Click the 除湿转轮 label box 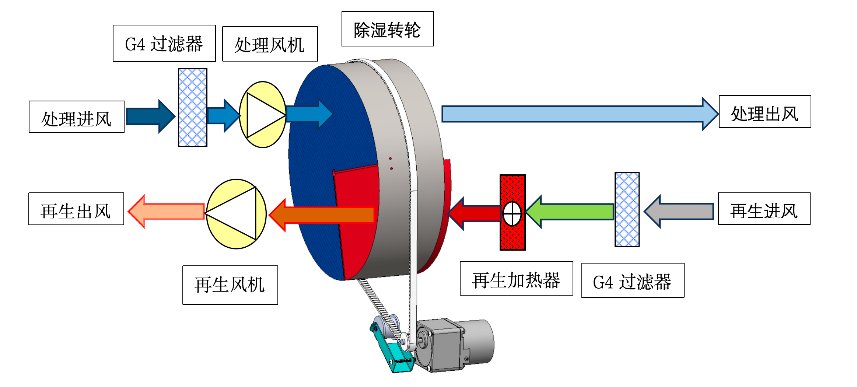(x=387, y=29)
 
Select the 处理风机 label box (x=270, y=44)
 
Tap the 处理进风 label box (x=77, y=117)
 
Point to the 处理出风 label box (x=765, y=112)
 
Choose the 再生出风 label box (x=76, y=209)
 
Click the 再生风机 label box (x=230, y=285)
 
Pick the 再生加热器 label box (x=516, y=279)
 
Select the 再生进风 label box (x=764, y=209)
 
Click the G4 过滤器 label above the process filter (x=164, y=43)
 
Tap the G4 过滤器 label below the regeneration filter (x=633, y=280)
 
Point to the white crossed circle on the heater (x=512, y=213)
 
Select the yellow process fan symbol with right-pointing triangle (x=263, y=115)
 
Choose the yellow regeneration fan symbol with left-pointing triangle (x=236, y=214)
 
